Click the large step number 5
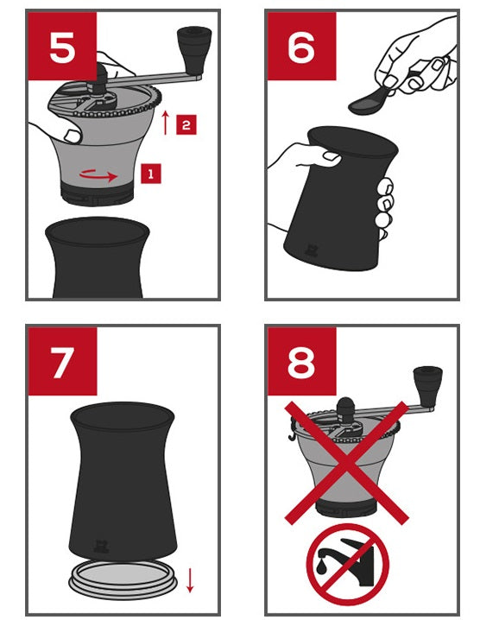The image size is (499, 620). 62,47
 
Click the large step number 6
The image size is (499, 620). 301,47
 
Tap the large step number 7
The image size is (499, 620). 61,363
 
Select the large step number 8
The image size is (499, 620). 301,363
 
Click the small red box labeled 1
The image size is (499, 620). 150,174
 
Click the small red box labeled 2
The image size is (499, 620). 186,125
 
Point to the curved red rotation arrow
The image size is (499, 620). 98,175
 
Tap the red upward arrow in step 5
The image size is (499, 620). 166,123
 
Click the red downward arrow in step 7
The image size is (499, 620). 190,580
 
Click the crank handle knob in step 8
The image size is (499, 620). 427,387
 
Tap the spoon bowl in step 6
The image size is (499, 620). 366,104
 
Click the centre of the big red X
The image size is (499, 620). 346,463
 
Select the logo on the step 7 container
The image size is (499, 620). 100,546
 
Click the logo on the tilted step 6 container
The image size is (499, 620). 311,250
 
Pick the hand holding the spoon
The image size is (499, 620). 415,60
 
